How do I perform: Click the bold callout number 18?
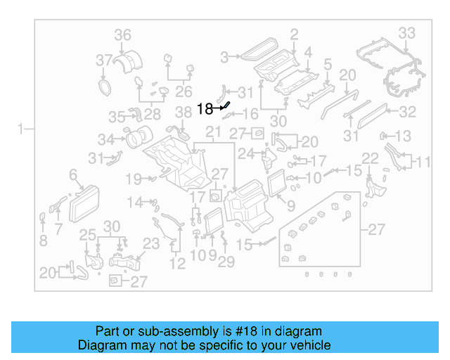[205, 109]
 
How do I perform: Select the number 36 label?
[123, 35]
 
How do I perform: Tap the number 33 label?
[406, 32]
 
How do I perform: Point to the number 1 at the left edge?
[21, 129]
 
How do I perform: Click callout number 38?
[183, 112]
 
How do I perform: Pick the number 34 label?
[105, 139]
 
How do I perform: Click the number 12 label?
[177, 264]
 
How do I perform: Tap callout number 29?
[226, 263]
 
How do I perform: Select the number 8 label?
[44, 240]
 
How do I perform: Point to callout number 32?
[408, 112]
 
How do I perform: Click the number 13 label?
[403, 136]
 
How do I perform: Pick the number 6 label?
[72, 174]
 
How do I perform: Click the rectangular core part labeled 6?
[87, 195]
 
